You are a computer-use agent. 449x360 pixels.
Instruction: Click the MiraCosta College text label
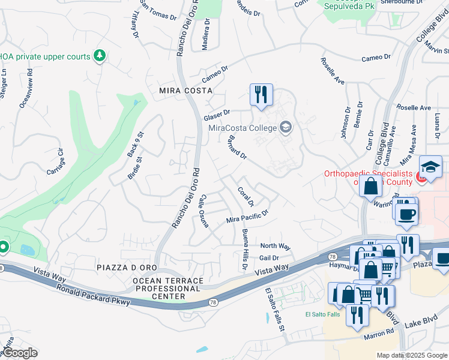(x=243, y=127)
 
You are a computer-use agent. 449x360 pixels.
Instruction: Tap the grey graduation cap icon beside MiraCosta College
(x=286, y=127)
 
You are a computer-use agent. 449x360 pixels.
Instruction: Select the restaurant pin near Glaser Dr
(x=261, y=95)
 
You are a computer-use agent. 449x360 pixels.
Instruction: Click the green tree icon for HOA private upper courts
(x=100, y=56)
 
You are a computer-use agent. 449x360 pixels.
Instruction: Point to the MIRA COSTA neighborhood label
(x=185, y=90)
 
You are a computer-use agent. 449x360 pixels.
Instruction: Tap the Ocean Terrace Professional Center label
(x=167, y=289)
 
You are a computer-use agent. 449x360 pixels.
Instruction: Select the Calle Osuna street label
(x=203, y=211)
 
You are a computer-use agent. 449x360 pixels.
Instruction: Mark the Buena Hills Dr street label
(x=244, y=248)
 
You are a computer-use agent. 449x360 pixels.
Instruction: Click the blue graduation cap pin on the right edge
(x=431, y=168)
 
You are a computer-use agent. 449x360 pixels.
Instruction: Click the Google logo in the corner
(x=20, y=353)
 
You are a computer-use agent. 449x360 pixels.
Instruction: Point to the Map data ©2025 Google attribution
(x=411, y=355)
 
